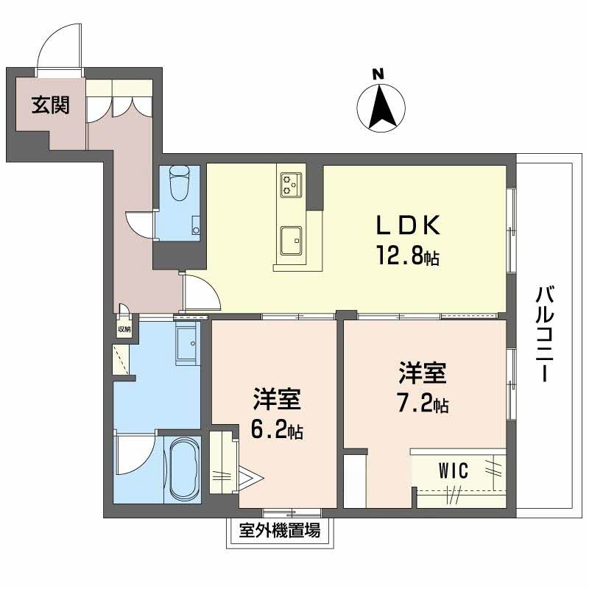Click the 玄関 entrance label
click(x=50, y=105)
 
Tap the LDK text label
click(x=408, y=226)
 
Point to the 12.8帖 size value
click(x=408, y=255)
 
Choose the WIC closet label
click(x=454, y=470)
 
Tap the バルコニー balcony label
click(x=544, y=334)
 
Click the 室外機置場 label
click(x=280, y=531)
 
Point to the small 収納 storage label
click(x=124, y=329)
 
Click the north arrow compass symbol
click(x=381, y=107)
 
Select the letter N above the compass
click(x=378, y=74)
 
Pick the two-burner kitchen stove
click(x=292, y=184)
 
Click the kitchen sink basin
click(x=291, y=241)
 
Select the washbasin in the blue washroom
click(x=187, y=343)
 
